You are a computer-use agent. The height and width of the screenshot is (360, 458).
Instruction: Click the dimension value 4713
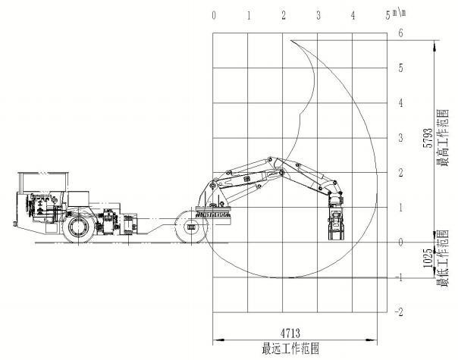(290, 333)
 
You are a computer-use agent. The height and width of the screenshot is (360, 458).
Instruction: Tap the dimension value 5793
(428, 138)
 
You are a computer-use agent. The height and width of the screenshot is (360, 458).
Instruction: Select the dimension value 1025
(428, 258)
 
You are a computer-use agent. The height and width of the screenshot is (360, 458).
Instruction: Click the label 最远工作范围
(290, 349)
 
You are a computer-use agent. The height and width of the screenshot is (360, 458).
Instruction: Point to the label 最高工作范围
(443, 138)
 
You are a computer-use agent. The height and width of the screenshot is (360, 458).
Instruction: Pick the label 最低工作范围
(443, 258)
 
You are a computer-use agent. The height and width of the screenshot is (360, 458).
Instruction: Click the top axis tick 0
(214, 15)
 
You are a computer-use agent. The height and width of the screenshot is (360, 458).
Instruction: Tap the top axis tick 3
(318, 15)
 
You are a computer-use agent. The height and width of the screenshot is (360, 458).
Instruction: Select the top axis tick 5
(388, 15)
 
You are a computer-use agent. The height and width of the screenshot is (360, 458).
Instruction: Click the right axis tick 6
(400, 33)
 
